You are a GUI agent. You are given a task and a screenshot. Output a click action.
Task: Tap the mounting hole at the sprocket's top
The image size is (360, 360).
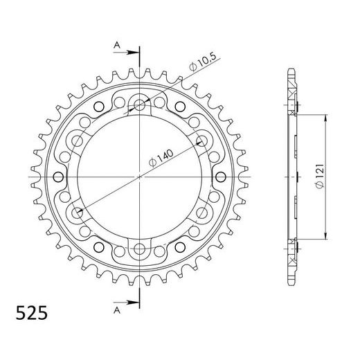[141, 106]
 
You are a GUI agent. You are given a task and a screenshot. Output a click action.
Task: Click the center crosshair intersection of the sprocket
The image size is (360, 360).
[141, 177]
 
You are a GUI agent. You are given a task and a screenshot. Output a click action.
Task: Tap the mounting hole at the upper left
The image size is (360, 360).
[79, 141]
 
